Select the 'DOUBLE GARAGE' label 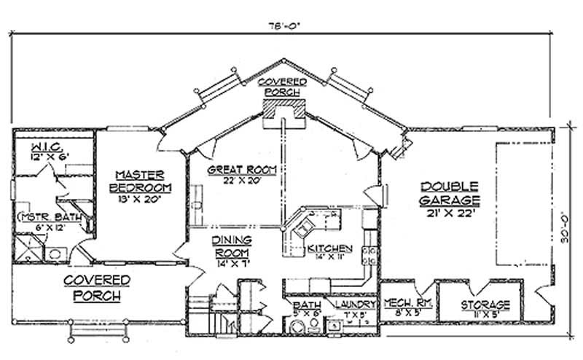[x=449, y=191]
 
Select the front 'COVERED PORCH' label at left [x=97, y=288]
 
